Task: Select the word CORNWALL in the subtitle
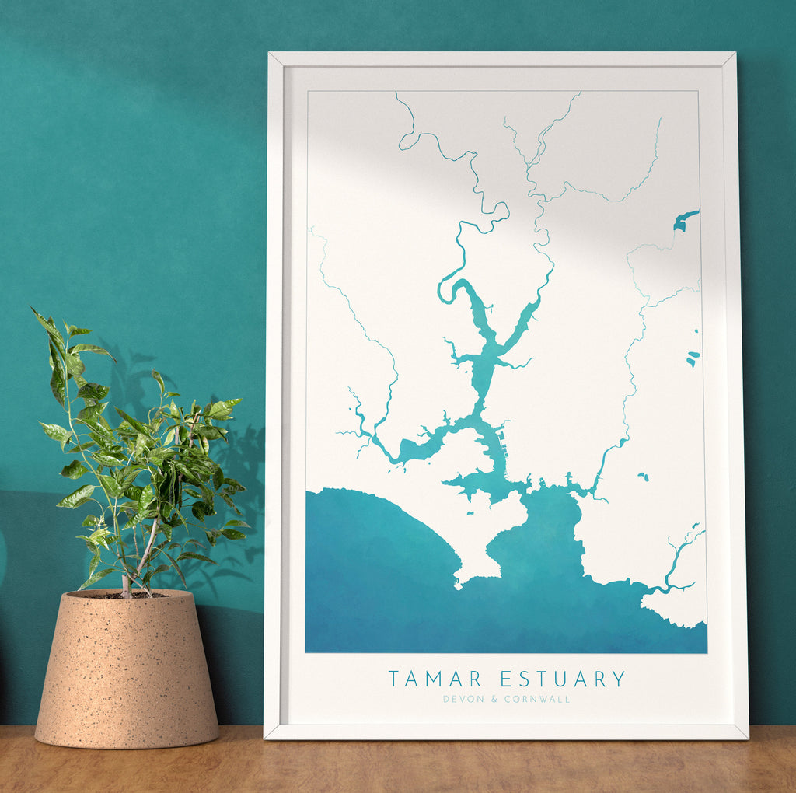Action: tap(537, 699)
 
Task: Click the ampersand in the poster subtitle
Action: tap(493, 699)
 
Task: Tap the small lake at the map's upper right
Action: tap(685, 221)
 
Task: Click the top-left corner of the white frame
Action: tap(270, 54)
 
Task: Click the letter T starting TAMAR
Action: tap(394, 679)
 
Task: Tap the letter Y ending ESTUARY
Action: tap(619, 679)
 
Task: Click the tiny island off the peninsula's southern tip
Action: tap(459, 586)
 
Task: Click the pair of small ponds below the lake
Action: tap(693, 358)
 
